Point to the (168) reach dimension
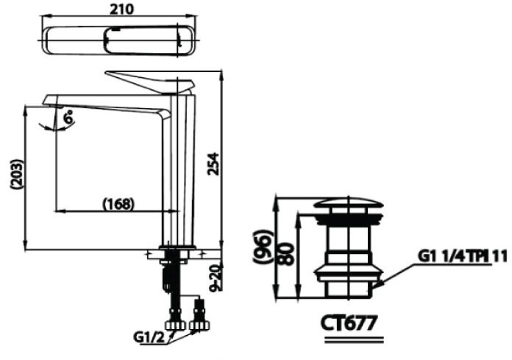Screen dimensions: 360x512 point(118,203)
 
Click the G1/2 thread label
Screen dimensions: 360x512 point(150,337)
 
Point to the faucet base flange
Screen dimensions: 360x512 point(176,248)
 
